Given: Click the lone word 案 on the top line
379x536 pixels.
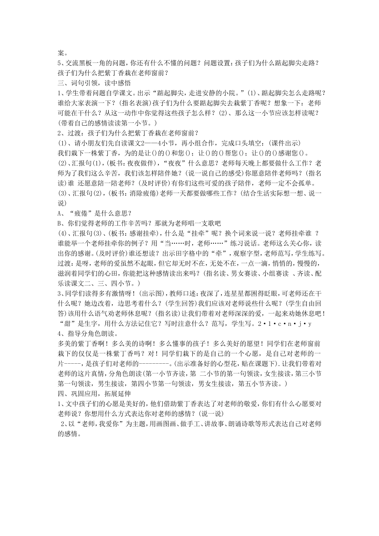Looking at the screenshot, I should [x=61, y=51].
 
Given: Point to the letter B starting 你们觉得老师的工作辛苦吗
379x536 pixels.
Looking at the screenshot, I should [x=60, y=223].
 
